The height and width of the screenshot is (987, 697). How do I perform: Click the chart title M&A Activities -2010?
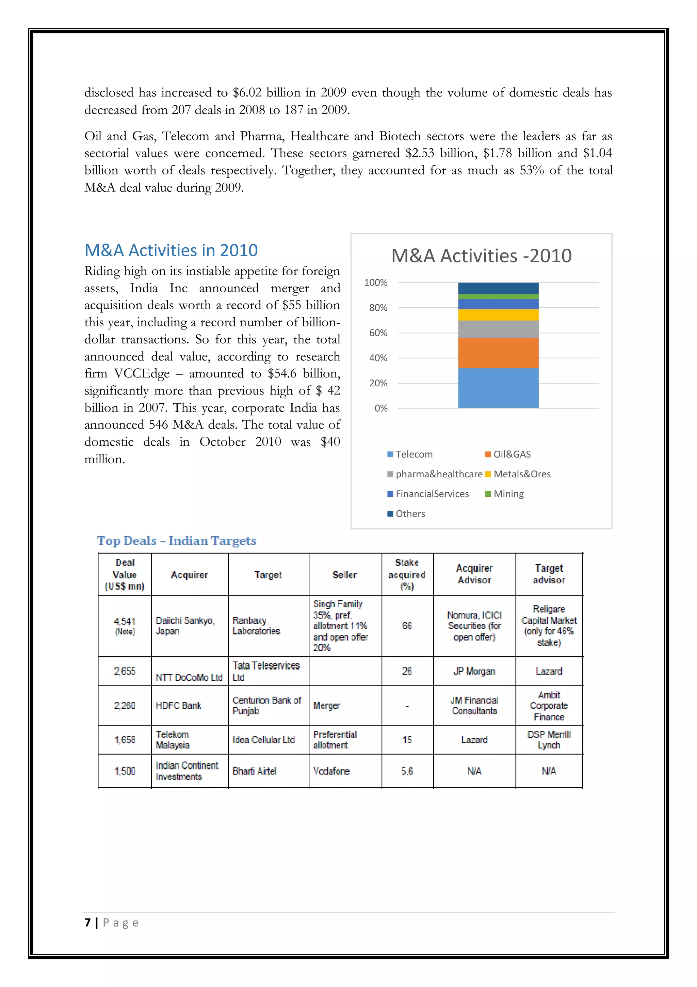481,256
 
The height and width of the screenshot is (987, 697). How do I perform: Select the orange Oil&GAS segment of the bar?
498,353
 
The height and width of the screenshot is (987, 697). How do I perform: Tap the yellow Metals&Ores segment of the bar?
498,315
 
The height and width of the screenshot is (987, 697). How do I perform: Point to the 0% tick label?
380,408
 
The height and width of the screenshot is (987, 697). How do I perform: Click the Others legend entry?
410,513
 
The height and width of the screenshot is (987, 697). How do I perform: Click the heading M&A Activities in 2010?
171,250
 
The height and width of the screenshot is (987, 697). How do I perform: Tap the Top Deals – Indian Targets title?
177,540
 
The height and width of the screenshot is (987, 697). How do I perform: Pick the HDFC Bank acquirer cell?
178,706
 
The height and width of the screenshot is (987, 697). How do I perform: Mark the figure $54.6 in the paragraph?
282,373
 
